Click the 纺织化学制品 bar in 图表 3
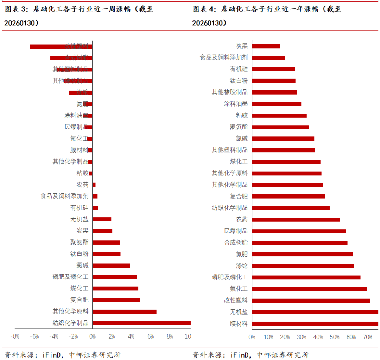coord(141,323)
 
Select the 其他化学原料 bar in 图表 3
coord(124,311)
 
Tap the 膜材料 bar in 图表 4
coord(315,323)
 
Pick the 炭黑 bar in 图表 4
coord(266,46)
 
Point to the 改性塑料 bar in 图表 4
coord(311,301)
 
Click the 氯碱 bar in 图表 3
coord(111,265)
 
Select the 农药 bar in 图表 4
coord(296,220)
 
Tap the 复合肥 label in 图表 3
coord(79,300)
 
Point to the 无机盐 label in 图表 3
coord(79,219)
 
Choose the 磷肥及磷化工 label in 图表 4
coord(229,277)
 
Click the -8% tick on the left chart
coord(15,336)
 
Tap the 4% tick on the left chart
coord(131,336)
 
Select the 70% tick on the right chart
coord(367,337)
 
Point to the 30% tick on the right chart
coord(302,337)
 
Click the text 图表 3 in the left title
coord(16,9)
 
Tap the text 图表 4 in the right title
coord(204,9)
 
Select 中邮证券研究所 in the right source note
coord(283,355)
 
